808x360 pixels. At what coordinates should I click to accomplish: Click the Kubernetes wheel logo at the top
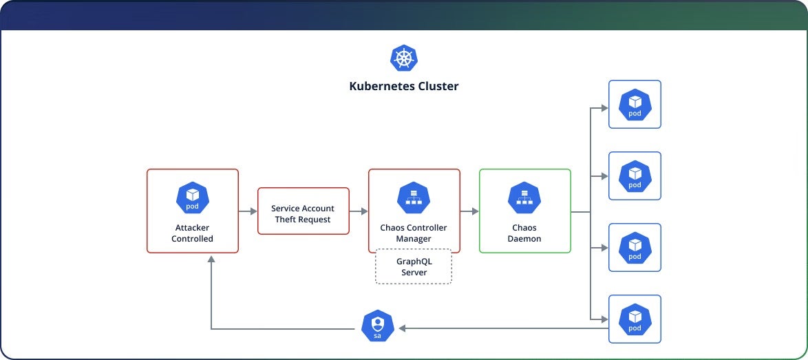click(404, 58)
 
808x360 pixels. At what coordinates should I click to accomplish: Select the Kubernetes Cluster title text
click(404, 87)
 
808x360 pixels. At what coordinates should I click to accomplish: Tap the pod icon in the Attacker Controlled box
click(193, 198)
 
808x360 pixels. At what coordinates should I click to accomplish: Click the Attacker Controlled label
click(193, 233)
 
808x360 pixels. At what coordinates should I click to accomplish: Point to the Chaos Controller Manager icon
click(414, 198)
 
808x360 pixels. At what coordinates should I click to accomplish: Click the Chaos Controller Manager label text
click(414, 233)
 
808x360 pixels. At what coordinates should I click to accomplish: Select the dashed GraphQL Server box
click(414, 267)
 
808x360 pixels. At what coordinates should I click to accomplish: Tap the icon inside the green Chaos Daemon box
click(524, 198)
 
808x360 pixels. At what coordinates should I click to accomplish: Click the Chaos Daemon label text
click(524, 233)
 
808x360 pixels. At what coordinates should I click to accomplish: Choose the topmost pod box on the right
click(635, 105)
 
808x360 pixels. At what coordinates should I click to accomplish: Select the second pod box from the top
click(635, 176)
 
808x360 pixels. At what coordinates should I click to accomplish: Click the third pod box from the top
click(635, 248)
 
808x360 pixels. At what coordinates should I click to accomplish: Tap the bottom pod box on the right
click(635, 319)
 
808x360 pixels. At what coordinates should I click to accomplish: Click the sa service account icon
click(377, 326)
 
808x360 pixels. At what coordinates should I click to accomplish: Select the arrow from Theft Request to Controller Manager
click(359, 211)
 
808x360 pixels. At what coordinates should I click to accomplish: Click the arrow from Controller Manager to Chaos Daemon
click(469, 211)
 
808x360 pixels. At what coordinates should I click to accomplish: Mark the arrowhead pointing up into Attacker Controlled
click(211, 260)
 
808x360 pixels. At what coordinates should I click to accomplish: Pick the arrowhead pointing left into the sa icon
click(403, 328)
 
